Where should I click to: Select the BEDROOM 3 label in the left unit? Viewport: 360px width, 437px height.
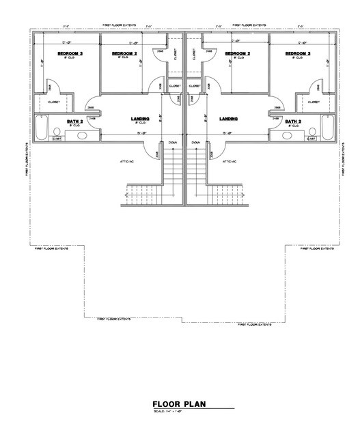click(70, 53)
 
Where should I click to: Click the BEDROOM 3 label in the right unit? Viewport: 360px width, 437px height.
click(298, 53)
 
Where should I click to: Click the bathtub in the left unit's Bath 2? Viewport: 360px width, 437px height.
click(42, 126)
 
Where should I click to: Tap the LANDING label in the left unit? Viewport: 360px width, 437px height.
click(140, 119)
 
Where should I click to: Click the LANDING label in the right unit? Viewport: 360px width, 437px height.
click(228, 119)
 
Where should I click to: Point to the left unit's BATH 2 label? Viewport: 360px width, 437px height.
click(75, 121)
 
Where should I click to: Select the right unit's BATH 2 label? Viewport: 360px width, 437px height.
click(292, 121)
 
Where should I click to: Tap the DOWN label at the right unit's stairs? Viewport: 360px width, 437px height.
click(196, 143)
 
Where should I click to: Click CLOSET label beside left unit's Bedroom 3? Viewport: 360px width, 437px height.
click(54, 102)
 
